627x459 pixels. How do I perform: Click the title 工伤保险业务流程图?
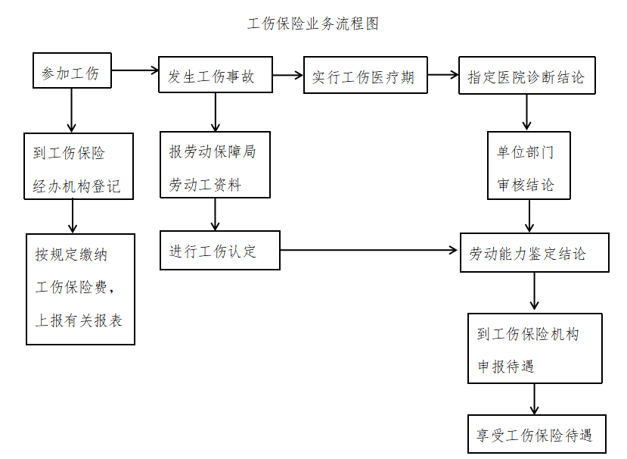tap(313, 23)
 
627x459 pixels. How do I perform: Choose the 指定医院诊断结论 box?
tap(526, 76)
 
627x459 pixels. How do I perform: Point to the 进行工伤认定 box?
tap(219, 251)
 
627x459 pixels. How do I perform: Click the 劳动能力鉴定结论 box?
tap(534, 253)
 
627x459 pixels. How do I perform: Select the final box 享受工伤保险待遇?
tap(534, 436)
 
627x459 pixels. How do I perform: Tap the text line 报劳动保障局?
tap(213, 151)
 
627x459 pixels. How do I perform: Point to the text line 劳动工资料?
tap(205, 184)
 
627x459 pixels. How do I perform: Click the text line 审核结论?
tap(525, 185)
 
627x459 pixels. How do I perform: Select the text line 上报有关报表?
tap(79, 320)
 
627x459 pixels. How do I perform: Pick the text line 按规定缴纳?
tap(71, 254)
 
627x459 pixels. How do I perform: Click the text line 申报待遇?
tap(506, 367)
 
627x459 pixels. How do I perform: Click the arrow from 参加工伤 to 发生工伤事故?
tap(134, 72)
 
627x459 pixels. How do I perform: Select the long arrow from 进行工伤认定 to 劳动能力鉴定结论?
tap(371, 249)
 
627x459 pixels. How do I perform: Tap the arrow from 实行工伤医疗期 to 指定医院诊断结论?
tap(442, 76)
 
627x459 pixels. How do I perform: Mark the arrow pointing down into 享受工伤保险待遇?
tap(535, 398)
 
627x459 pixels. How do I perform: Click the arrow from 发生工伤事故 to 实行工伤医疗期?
tap(287, 76)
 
